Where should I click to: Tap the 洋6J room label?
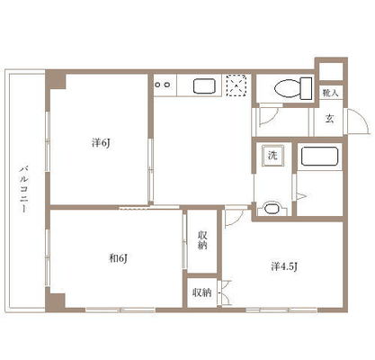(100, 142)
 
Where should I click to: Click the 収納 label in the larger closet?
(203, 239)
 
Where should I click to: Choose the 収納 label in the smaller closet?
(202, 292)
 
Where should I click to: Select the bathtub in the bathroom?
(319, 157)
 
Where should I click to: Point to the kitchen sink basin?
(204, 87)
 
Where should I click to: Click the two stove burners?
(165, 86)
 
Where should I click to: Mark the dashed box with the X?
(237, 87)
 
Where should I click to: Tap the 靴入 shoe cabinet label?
(330, 92)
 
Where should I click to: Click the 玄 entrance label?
(330, 118)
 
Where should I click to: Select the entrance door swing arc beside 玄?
(356, 120)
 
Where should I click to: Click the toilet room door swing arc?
(267, 115)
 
